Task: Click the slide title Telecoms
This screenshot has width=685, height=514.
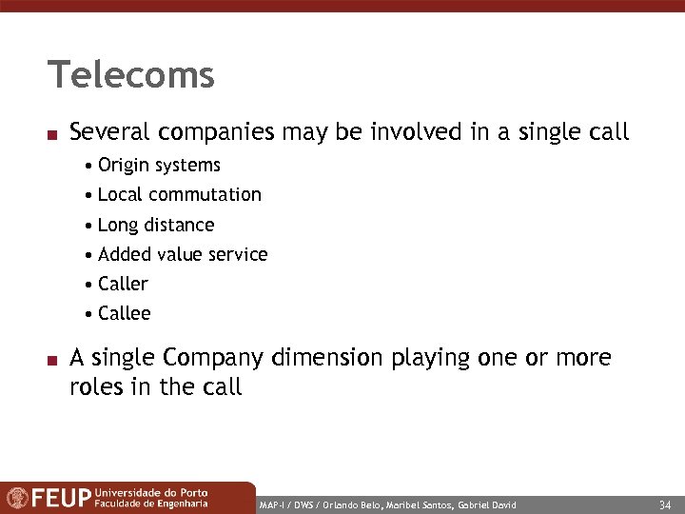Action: (x=131, y=74)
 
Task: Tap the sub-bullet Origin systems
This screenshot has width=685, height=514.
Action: (x=159, y=166)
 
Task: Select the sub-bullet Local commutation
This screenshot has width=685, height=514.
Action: (x=179, y=195)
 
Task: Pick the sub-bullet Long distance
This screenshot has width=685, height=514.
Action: (x=156, y=226)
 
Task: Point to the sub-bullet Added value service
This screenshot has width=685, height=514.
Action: (x=183, y=255)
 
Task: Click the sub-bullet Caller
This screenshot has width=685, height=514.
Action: (x=123, y=285)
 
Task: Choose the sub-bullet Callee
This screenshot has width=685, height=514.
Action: (x=124, y=314)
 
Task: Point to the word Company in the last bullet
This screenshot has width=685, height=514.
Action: (x=214, y=359)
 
